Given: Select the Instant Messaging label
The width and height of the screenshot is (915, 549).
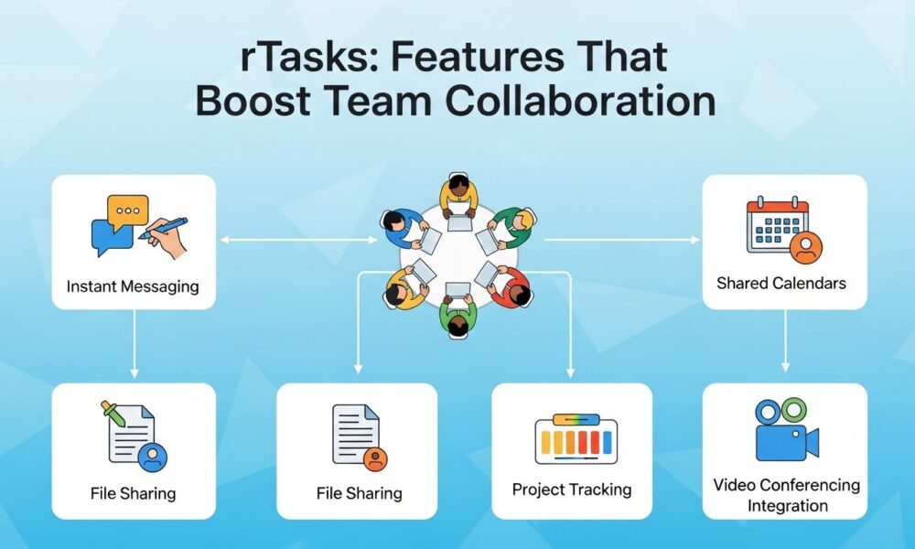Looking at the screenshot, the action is (x=133, y=286).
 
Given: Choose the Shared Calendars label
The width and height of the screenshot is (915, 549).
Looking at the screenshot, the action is (x=780, y=283).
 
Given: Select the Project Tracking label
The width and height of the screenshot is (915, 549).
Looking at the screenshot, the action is (x=572, y=490).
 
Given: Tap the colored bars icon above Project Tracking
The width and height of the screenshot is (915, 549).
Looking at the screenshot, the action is (x=575, y=439).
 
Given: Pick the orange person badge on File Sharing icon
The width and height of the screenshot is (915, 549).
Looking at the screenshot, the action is (x=373, y=457).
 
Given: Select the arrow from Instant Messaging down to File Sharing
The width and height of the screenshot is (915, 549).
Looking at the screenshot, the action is (x=134, y=344).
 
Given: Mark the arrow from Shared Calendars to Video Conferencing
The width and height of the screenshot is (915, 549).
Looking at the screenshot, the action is (x=784, y=344).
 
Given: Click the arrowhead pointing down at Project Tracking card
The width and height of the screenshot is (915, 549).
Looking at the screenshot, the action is (x=571, y=372).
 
